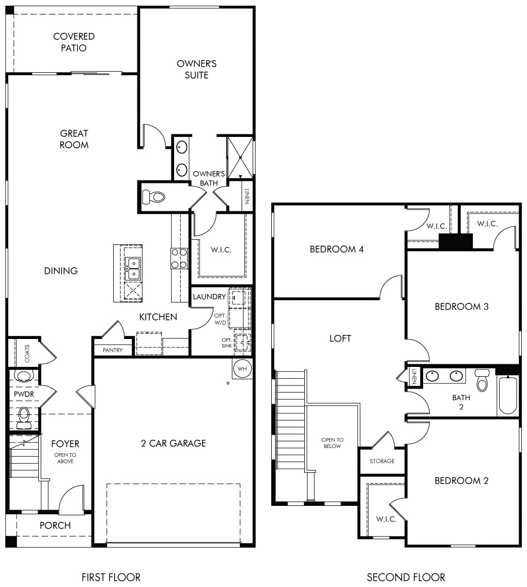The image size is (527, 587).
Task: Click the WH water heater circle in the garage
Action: tap(242, 369)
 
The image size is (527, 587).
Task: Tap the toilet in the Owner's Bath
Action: tap(154, 196)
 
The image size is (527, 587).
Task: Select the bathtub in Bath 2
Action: tap(508, 395)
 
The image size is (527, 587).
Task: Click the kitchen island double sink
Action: tap(133, 268)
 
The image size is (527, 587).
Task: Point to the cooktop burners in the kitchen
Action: tap(179, 258)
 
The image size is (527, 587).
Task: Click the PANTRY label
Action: tap(113, 350)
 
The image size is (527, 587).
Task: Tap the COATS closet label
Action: tap(27, 353)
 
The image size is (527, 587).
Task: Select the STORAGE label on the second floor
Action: tap(382, 461)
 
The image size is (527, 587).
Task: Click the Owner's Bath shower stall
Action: tap(240, 158)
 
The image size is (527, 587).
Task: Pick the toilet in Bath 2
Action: tap(482, 380)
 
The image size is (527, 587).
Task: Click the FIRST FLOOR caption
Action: tap(111, 577)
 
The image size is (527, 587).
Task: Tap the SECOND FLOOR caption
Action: tap(406, 577)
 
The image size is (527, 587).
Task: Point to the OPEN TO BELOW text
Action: tap(332, 443)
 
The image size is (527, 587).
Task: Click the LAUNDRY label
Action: tap(209, 297)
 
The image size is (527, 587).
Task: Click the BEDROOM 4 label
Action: tap(336, 249)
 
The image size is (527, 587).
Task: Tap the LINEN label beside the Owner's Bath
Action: tap(246, 196)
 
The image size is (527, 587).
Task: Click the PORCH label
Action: tap(55, 525)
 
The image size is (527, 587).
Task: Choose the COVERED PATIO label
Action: tap(74, 42)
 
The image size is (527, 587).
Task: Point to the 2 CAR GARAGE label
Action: tap(173, 443)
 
